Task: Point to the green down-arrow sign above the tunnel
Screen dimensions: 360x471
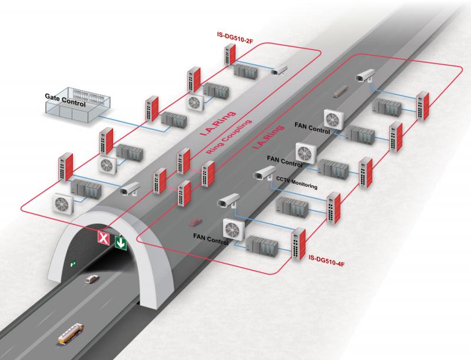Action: click(x=121, y=242)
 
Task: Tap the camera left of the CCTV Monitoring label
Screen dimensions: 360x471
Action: click(x=260, y=173)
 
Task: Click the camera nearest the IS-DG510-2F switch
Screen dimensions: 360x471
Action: click(x=278, y=70)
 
